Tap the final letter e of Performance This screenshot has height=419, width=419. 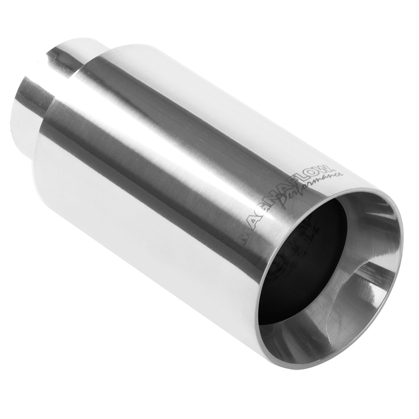340,175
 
